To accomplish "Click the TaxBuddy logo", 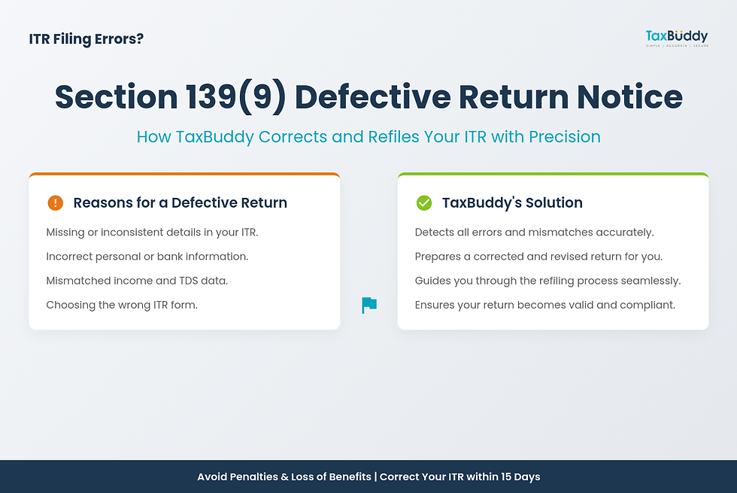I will tap(676, 37).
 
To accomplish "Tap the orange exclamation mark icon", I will tap(55, 202).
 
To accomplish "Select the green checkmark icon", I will tap(423, 202).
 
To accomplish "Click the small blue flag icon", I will tap(369, 305).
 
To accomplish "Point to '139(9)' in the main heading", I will tap(235, 97).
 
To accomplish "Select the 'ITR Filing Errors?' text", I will tap(86, 38).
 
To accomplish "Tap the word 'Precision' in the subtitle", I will tap(564, 137).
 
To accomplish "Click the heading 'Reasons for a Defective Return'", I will tap(180, 202).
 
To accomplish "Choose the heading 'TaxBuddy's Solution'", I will tap(511, 202).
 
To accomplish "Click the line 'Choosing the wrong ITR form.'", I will tap(122, 305).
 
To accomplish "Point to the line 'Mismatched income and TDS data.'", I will tap(137, 281).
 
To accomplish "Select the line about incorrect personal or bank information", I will tap(147, 257).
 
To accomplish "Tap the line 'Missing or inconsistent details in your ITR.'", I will tap(152, 233).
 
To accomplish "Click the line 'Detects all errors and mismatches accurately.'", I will tap(534, 233).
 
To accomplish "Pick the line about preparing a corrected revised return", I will tap(538, 257).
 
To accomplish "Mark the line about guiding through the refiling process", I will tap(547, 281).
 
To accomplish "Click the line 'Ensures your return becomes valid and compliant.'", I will tap(545, 305).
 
